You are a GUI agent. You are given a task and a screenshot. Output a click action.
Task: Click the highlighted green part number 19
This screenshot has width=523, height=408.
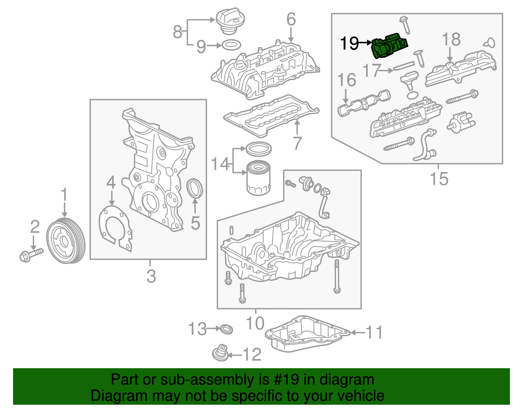(390, 46)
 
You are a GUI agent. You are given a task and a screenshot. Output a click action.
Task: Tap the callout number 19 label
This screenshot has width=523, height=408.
(349, 43)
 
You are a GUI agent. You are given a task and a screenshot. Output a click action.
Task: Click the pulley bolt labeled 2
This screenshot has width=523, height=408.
(31, 255)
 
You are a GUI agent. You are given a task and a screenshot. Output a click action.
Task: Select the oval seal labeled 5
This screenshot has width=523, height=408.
(195, 188)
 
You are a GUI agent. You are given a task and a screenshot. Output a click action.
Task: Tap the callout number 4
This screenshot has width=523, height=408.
(111, 182)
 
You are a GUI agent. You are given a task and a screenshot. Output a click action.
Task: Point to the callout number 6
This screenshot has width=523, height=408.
(291, 20)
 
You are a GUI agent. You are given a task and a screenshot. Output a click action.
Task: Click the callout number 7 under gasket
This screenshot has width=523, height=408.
(297, 143)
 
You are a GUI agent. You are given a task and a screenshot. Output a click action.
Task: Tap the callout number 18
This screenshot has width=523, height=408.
(451, 40)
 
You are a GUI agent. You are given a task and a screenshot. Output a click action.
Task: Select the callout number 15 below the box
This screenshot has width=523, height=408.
(439, 179)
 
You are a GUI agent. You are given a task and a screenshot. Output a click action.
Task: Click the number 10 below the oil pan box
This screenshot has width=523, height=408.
(255, 323)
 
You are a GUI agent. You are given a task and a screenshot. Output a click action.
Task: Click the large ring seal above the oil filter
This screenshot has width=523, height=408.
(258, 149)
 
